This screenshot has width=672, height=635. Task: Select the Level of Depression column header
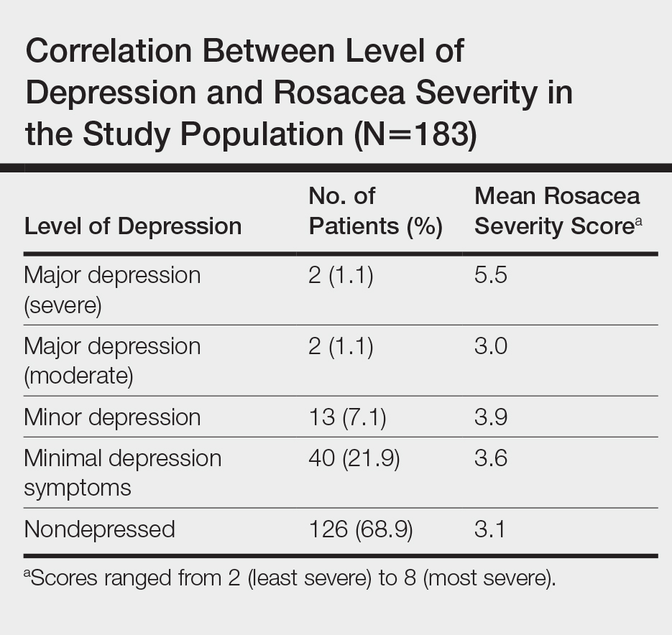point(132,226)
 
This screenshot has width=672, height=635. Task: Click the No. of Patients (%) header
point(375,211)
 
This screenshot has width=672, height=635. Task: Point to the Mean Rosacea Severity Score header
point(558,211)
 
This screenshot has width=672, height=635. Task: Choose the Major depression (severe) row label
point(112,289)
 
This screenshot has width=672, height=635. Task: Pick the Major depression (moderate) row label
point(112,361)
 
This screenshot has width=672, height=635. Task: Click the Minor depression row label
point(112,417)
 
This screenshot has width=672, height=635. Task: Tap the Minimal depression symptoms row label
point(122,473)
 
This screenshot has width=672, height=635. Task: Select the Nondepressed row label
point(99,529)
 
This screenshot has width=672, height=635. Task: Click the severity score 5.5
point(491,275)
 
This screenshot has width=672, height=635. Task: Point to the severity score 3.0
point(491,346)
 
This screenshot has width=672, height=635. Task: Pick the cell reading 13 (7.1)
point(347,417)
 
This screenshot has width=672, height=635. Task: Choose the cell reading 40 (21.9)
point(354,458)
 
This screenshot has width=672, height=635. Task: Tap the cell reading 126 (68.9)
point(360,529)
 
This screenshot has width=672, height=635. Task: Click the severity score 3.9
point(491,417)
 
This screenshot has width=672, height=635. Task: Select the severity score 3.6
point(491,458)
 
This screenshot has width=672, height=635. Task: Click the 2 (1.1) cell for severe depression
point(341,275)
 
